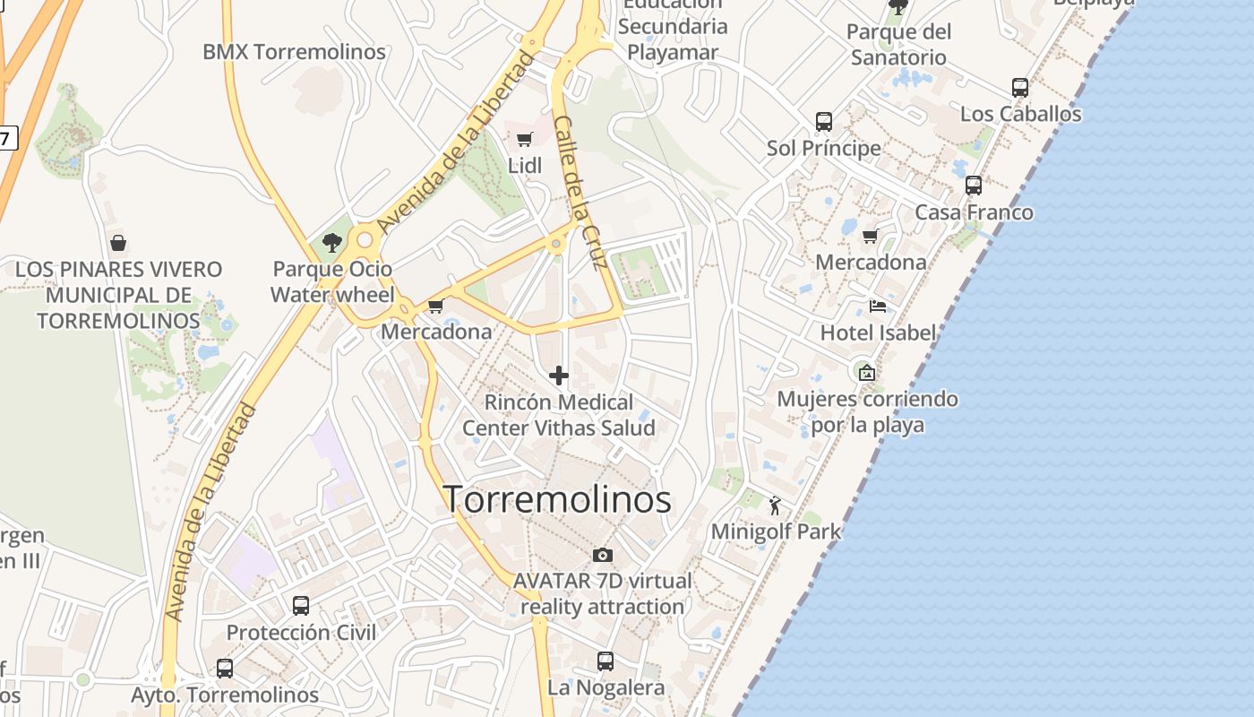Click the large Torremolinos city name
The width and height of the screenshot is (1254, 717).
[557, 499]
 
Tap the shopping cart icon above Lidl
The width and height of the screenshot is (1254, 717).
[525, 139]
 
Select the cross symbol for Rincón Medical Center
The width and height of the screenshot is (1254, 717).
[559, 375]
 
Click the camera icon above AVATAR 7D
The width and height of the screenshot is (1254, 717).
[603, 555]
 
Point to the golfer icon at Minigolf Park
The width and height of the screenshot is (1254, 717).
[776, 505]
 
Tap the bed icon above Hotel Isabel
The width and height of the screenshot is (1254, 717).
[878, 307]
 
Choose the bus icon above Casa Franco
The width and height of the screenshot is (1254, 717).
[974, 186]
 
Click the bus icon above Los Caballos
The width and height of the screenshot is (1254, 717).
[1020, 88]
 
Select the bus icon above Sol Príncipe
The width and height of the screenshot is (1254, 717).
[824, 121]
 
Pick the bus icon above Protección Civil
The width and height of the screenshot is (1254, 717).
[301, 606]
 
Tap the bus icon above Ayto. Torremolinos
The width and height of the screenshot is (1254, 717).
[225, 669]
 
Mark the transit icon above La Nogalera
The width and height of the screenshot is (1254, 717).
[606, 661]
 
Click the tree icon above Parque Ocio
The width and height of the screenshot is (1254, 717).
[332, 242]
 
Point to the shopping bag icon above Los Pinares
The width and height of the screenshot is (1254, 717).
[117, 243]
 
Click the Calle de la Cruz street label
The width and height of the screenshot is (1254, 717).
[580, 193]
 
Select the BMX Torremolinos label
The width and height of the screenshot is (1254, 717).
[294, 52]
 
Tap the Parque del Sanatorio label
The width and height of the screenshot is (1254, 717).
[898, 45]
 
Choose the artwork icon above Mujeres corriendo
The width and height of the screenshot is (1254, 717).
[866, 373]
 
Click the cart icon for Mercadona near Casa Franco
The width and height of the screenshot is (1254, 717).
[870, 237]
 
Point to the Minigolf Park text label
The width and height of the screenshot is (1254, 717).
[776, 531]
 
